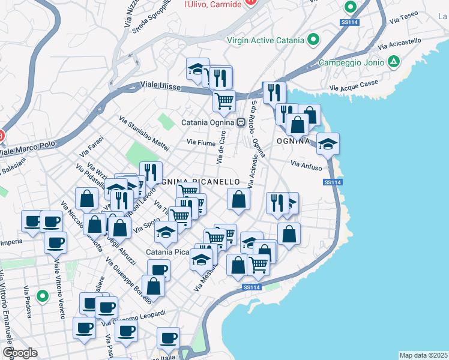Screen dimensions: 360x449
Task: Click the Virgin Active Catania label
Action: click(x=266, y=41)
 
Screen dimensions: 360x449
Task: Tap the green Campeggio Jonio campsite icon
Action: click(x=394, y=61)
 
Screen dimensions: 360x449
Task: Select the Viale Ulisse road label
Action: click(x=160, y=86)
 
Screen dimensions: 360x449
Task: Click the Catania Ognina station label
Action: click(x=208, y=122)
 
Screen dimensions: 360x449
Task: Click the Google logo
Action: click(x=20, y=353)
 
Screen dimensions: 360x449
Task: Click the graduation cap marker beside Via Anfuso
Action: click(x=328, y=144)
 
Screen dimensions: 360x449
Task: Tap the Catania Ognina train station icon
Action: click(x=240, y=122)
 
